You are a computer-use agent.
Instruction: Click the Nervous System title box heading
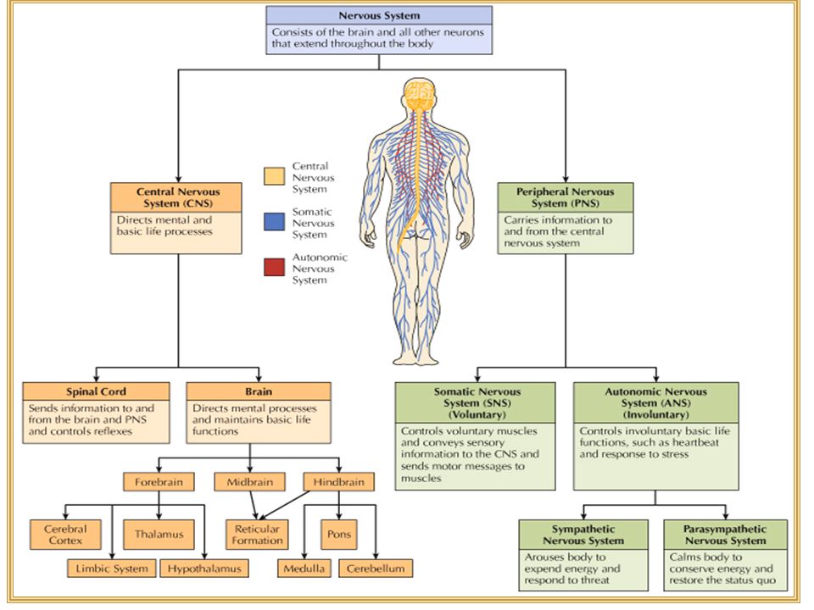[x=379, y=15]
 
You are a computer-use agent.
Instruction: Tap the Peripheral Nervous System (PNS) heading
[x=566, y=197]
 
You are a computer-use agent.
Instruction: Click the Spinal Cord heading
[x=96, y=391]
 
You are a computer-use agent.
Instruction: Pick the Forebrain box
[x=159, y=482]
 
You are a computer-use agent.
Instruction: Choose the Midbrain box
[x=249, y=482]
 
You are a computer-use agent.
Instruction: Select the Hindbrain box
[x=338, y=482]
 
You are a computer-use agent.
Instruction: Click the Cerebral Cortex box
[x=65, y=535]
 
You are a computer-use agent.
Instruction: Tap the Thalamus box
[x=159, y=535]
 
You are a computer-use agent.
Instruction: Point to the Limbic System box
[x=112, y=568]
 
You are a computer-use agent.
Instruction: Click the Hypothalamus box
[x=204, y=568]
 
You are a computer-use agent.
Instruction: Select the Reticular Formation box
[x=257, y=535]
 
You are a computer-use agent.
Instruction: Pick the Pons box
[x=339, y=535]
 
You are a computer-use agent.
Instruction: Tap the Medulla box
[x=304, y=568]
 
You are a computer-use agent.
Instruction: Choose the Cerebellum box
[x=376, y=568]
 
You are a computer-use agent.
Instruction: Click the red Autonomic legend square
[x=274, y=267]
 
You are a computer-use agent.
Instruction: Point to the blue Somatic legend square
[x=274, y=221]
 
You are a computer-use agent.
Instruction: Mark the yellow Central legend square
[x=274, y=176]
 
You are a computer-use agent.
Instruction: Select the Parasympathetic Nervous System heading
[x=725, y=535]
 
